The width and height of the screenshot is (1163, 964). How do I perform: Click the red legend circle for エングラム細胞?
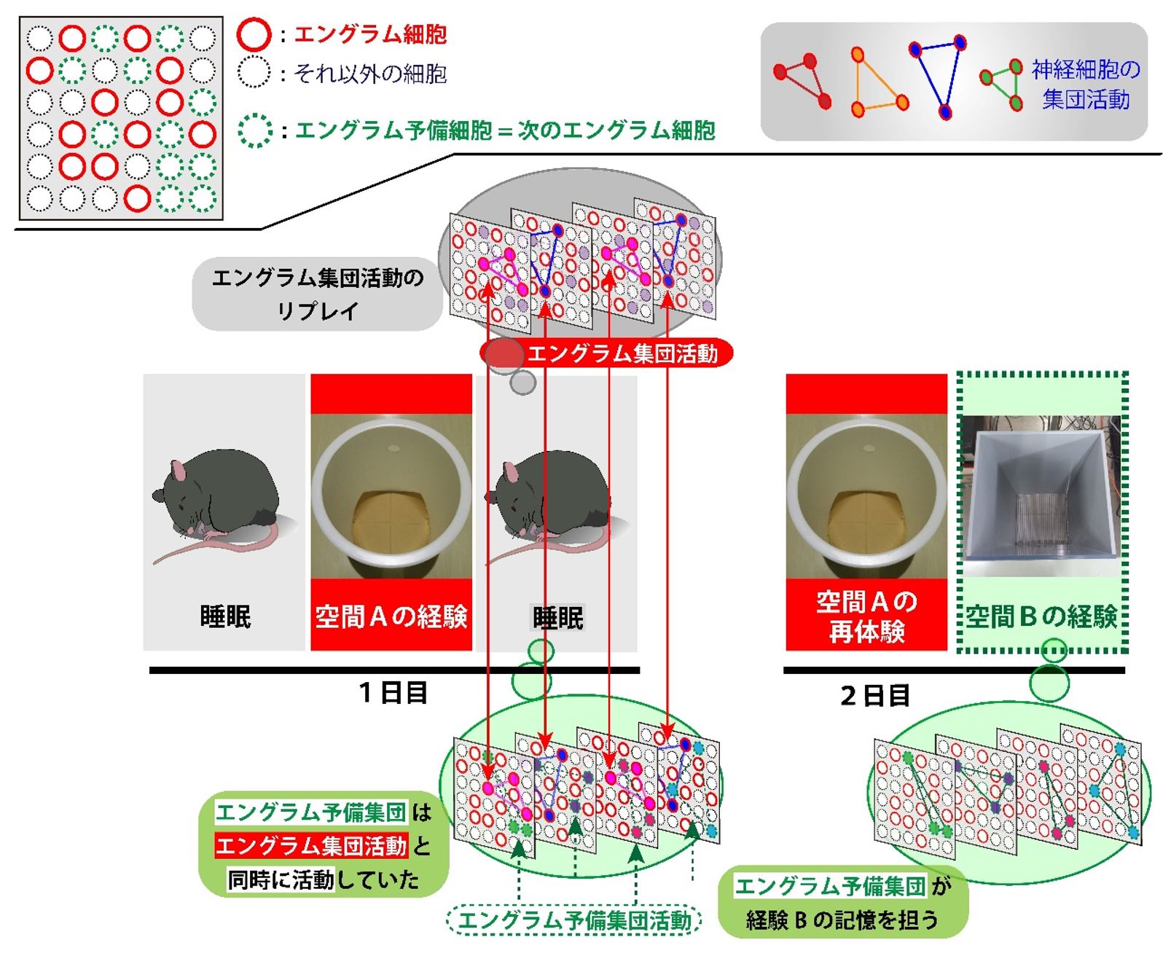(x=254, y=34)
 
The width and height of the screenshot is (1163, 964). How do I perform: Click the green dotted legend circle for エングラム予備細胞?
(x=255, y=130)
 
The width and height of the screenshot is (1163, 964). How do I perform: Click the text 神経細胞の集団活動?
(x=1085, y=85)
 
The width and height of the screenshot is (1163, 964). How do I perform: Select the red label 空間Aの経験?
(x=391, y=616)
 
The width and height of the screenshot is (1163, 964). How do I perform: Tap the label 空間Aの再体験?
(x=866, y=616)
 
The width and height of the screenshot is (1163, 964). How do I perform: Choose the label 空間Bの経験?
(x=1041, y=616)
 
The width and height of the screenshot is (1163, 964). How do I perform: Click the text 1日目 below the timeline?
(x=393, y=692)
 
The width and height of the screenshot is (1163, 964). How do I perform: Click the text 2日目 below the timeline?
(x=875, y=696)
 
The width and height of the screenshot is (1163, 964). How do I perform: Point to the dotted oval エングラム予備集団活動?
(x=573, y=920)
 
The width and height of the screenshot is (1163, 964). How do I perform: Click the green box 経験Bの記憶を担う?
(x=843, y=904)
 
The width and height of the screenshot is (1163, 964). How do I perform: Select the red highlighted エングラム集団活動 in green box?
(x=311, y=846)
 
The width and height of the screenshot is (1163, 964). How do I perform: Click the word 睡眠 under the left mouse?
(x=225, y=616)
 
